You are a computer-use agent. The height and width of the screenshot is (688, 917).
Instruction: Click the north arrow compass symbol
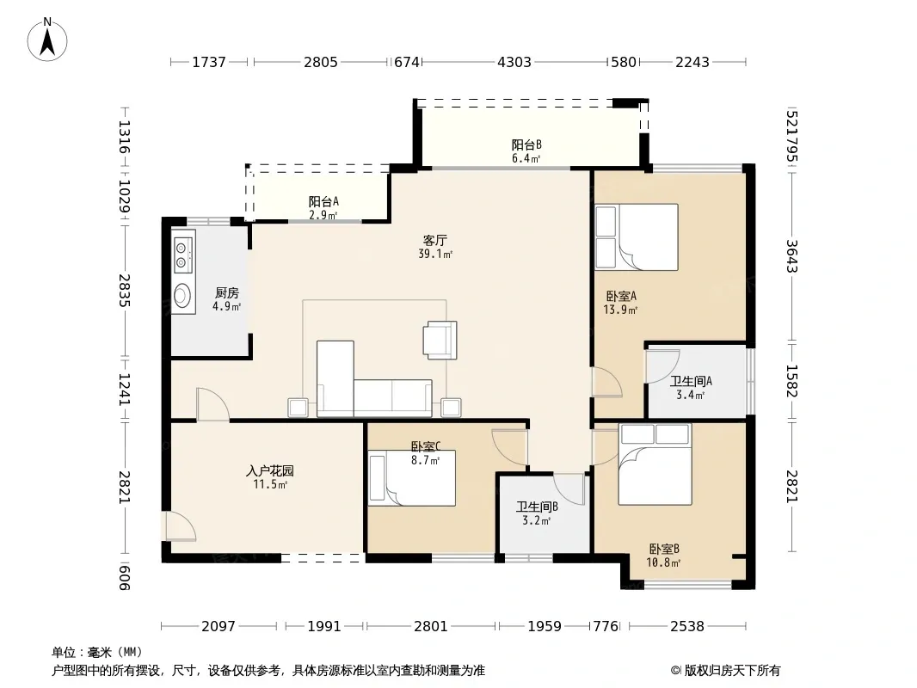click(47, 40)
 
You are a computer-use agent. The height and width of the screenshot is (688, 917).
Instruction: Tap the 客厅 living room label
click(435, 240)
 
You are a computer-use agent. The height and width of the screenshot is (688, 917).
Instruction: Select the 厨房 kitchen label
click(227, 293)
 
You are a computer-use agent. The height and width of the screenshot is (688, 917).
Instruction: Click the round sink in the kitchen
click(183, 296)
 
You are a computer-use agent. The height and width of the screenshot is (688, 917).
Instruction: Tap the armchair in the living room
click(440, 340)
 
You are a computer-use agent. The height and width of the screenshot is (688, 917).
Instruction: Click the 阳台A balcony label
click(323, 201)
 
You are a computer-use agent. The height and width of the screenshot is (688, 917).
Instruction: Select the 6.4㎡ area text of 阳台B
click(526, 158)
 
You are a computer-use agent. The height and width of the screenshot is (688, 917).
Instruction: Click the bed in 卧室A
click(637, 236)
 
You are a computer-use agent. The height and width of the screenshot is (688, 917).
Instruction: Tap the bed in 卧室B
click(655, 464)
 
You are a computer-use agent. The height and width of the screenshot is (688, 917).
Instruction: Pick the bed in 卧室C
click(412, 477)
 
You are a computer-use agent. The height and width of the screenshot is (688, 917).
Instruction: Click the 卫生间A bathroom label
click(691, 381)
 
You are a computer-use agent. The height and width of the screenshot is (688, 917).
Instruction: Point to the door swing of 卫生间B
click(569, 488)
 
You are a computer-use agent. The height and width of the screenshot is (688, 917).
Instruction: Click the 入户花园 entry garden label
click(269, 470)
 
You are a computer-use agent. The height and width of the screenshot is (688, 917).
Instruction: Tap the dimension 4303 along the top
click(514, 62)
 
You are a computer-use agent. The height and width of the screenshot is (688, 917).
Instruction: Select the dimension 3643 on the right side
click(792, 256)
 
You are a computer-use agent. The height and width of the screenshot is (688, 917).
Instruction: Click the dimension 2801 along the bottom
click(430, 627)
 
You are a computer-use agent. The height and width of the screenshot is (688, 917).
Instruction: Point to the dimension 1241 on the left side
click(124, 390)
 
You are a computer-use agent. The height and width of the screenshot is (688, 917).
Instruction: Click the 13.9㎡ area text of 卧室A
click(620, 310)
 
